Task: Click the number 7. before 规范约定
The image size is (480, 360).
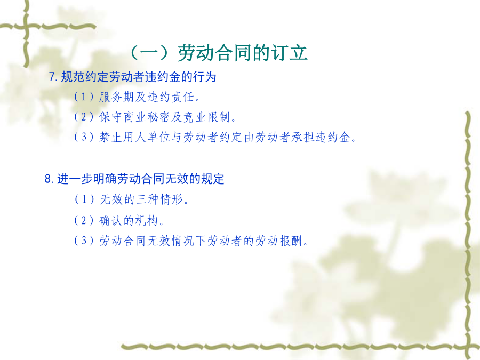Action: coord(53,77)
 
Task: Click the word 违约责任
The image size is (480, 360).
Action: coord(171,97)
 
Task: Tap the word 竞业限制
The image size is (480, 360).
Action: coord(206,117)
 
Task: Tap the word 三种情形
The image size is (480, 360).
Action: coord(159,199)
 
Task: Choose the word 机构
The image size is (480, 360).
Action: coord(147,220)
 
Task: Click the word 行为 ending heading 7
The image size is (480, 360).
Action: coord(204,77)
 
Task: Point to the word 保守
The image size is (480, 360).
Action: coord(111,117)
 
